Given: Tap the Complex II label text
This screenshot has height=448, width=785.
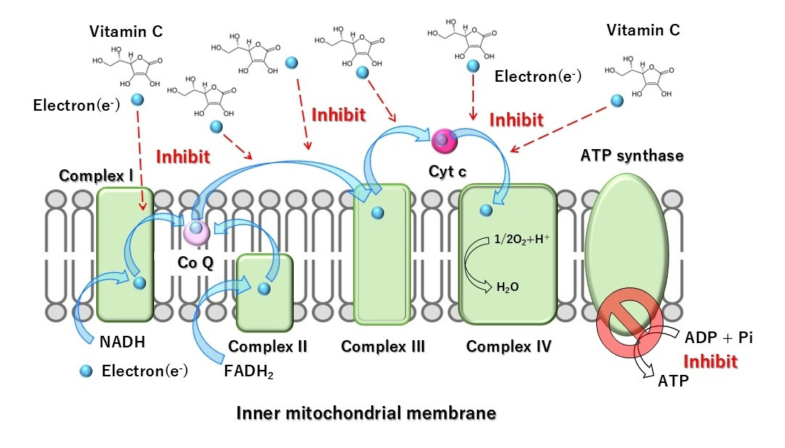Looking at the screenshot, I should (268, 347).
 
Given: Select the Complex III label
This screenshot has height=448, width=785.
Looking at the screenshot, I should (383, 347).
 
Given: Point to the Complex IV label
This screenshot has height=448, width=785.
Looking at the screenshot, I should (509, 347).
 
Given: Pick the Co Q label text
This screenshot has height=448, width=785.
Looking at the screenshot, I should (195, 263).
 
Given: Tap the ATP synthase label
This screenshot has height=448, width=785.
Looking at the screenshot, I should (632, 155).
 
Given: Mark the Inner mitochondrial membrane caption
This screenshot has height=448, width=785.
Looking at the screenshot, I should (366, 413).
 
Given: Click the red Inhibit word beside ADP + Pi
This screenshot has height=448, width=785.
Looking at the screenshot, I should (711, 361).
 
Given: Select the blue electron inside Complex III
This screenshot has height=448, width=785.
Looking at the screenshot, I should (377, 213).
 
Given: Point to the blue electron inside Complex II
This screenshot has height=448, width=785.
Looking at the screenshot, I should (264, 289).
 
